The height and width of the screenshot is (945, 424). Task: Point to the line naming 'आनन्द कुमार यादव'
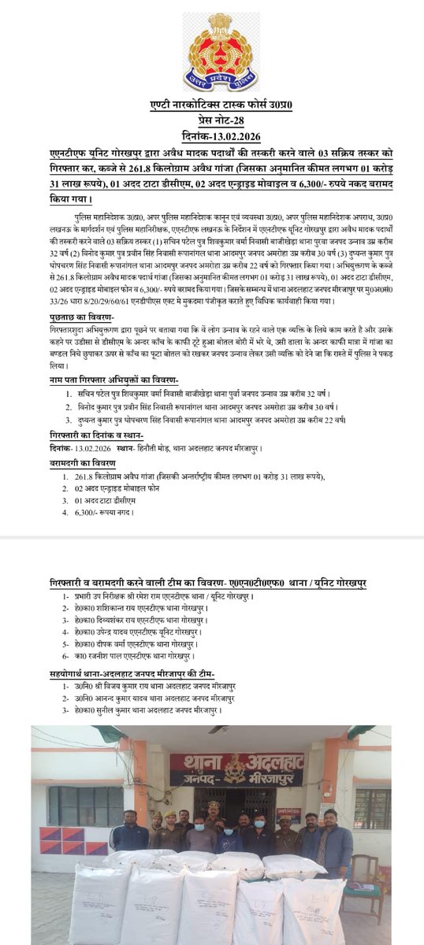click(147, 698)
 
